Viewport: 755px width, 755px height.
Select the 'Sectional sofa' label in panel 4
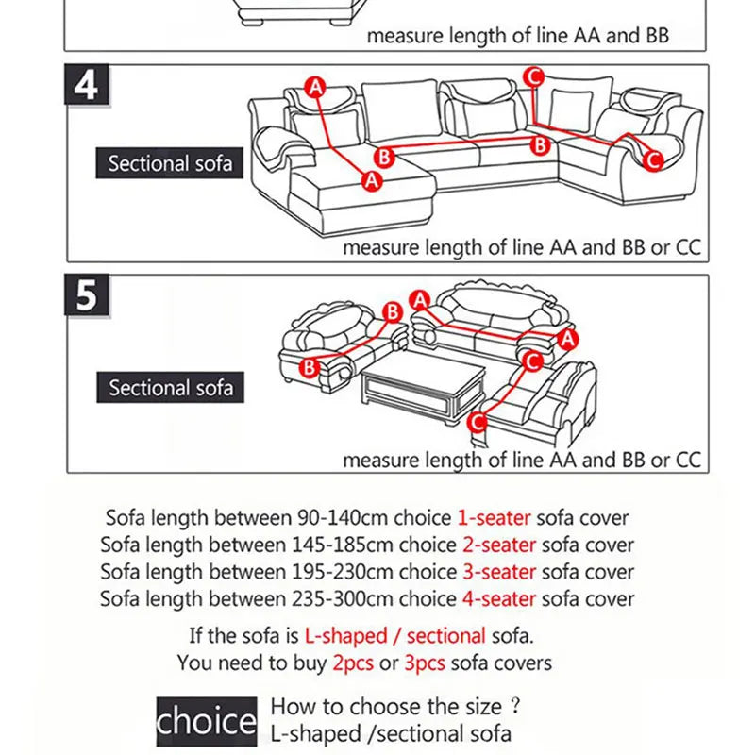pos(170,163)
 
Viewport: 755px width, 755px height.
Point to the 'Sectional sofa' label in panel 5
pos(170,388)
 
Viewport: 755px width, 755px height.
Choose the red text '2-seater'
pos(498,545)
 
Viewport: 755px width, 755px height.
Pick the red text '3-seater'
pos(498,572)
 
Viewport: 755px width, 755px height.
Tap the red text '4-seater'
pos(498,598)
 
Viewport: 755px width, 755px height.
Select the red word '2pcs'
pos(353,663)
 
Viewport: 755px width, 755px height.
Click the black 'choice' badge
pos(206,722)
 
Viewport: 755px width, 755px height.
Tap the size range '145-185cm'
pos(339,545)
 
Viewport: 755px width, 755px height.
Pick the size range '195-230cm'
pos(339,572)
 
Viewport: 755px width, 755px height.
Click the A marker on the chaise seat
pos(371,179)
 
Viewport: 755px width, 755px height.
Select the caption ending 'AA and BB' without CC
pos(517,37)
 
